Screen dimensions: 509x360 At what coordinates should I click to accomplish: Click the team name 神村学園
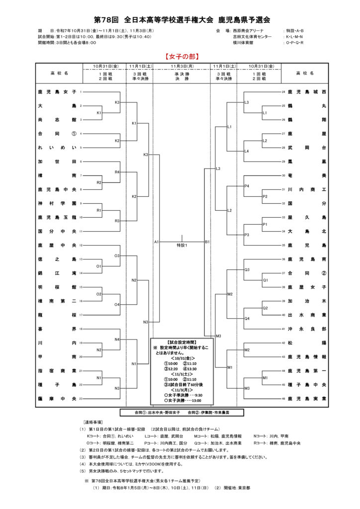[x=57, y=203]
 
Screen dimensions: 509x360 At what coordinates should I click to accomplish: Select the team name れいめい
[x=57, y=148]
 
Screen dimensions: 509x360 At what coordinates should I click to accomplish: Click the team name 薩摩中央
[x=57, y=399]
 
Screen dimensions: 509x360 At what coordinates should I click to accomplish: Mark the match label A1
[x=156, y=242]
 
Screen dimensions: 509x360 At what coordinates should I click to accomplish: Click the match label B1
[x=207, y=242]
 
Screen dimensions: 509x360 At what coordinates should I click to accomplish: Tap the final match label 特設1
[x=181, y=246]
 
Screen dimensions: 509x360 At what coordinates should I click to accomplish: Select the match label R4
[x=117, y=172]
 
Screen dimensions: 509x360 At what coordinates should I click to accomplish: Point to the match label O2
[x=99, y=294]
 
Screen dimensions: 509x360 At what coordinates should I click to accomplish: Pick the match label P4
[x=247, y=186]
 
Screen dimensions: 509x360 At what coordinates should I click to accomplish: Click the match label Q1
[x=265, y=280]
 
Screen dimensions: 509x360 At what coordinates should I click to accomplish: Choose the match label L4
[x=247, y=151]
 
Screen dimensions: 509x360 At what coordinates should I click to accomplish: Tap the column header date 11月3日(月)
[x=181, y=66]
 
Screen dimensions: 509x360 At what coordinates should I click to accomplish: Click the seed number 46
[x=283, y=399]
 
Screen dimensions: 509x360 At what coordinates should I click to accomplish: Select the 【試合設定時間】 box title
[x=181, y=342]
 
